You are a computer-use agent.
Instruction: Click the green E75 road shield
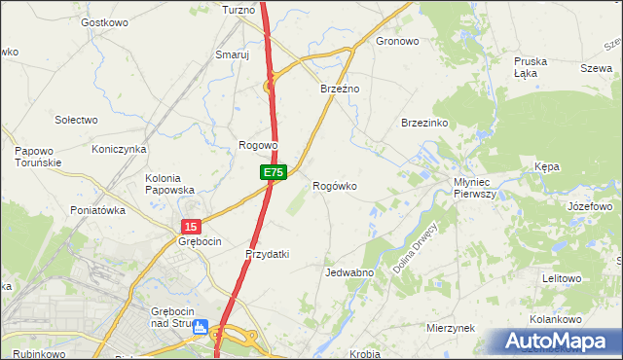pyautogui.click(x=273, y=172)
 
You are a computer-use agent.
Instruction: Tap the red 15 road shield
pyautogui.click(x=189, y=226)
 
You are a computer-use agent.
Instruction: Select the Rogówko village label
pyautogui.click(x=334, y=186)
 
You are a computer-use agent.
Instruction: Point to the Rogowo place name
pyautogui.click(x=259, y=145)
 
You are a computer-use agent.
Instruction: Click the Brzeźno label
pyautogui.click(x=341, y=89)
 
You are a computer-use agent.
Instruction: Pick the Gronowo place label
pyautogui.click(x=397, y=42)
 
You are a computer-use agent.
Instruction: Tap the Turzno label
pyautogui.click(x=238, y=10)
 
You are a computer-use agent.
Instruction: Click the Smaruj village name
pyautogui.click(x=233, y=55)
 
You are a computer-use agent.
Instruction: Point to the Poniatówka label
pyautogui.click(x=98, y=209)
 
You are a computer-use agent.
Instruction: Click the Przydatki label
pyautogui.click(x=267, y=254)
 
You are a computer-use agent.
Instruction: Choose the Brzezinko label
pyautogui.click(x=424, y=123)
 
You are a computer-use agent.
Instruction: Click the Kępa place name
pyautogui.click(x=547, y=166)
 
